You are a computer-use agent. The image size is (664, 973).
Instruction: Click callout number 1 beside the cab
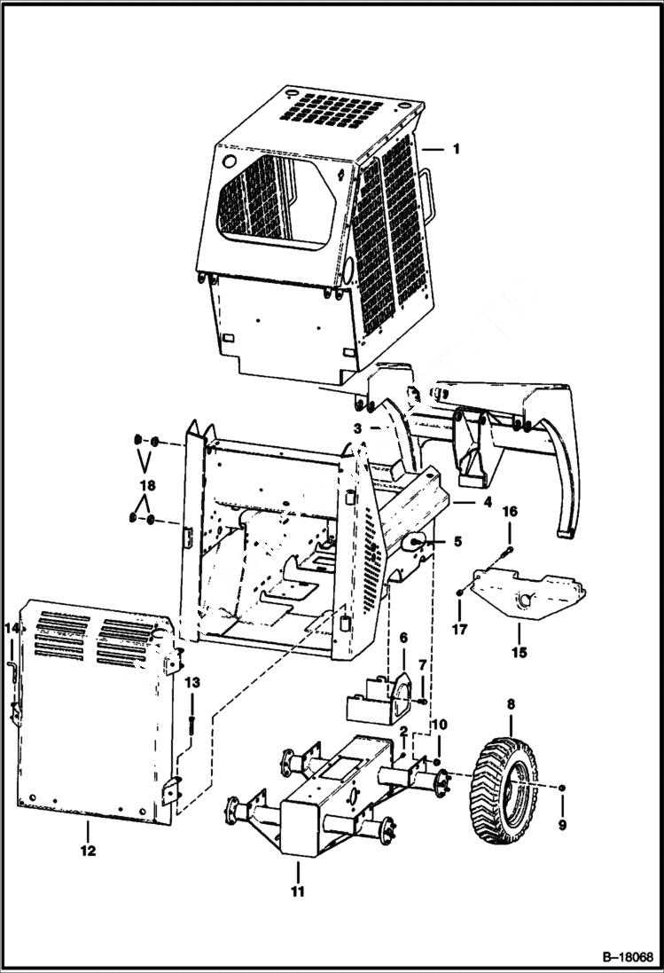pos(456,149)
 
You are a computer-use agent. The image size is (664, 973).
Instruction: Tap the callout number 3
pos(357,428)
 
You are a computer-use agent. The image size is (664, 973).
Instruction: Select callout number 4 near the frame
pos(487,502)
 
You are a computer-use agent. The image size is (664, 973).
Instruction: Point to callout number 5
pos(457,540)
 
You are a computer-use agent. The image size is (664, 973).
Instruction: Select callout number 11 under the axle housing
pos(297,891)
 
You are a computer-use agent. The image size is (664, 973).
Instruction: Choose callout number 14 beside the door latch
pos(12,629)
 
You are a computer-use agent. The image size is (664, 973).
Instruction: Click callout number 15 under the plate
pos(519,654)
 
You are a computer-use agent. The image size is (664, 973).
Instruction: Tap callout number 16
pos(510,512)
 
